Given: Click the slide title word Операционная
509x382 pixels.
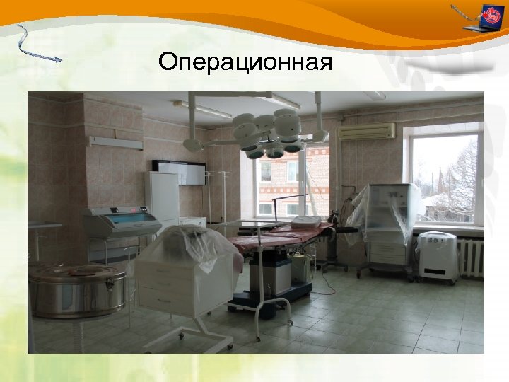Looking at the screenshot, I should click(x=245, y=62).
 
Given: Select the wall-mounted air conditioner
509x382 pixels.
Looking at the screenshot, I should click(x=366, y=132).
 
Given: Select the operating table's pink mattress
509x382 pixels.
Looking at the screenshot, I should click(x=283, y=237).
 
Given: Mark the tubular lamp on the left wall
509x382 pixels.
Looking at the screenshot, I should click(x=115, y=142).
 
